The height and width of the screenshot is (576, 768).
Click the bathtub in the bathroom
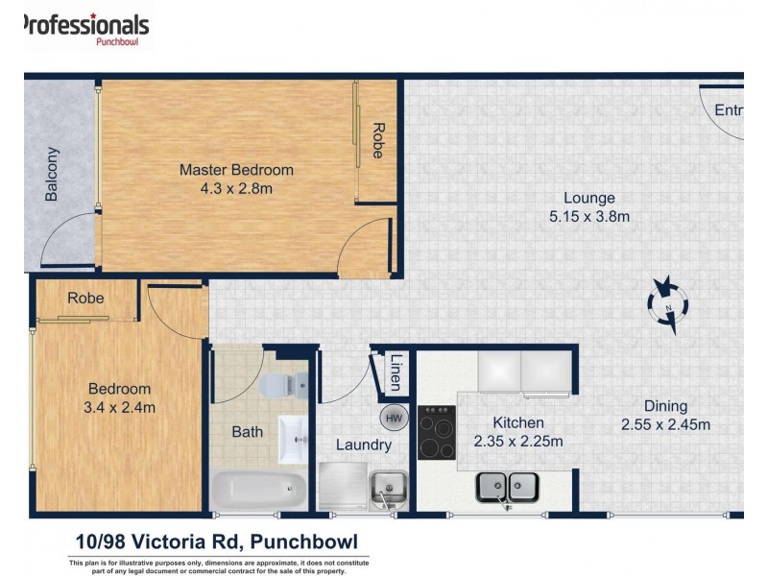click(257, 492)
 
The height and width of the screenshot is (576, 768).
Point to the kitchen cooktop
click(437, 433)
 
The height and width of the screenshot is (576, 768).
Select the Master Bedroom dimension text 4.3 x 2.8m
click(236, 189)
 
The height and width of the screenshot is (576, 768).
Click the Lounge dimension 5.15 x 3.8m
click(588, 217)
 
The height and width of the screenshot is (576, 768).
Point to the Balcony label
click(52, 174)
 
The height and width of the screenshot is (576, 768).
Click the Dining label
click(665, 406)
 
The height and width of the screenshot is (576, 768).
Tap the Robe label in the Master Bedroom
click(378, 141)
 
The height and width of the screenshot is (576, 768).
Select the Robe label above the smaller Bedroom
click(85, 299)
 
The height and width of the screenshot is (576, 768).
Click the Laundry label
click(363, 444)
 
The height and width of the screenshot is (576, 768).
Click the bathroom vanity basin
click(294, 441)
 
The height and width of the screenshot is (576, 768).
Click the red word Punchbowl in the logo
click(120, 40)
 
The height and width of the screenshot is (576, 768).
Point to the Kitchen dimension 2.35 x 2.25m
click(518, 442)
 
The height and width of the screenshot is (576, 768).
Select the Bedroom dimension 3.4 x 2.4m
click(120, 407)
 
